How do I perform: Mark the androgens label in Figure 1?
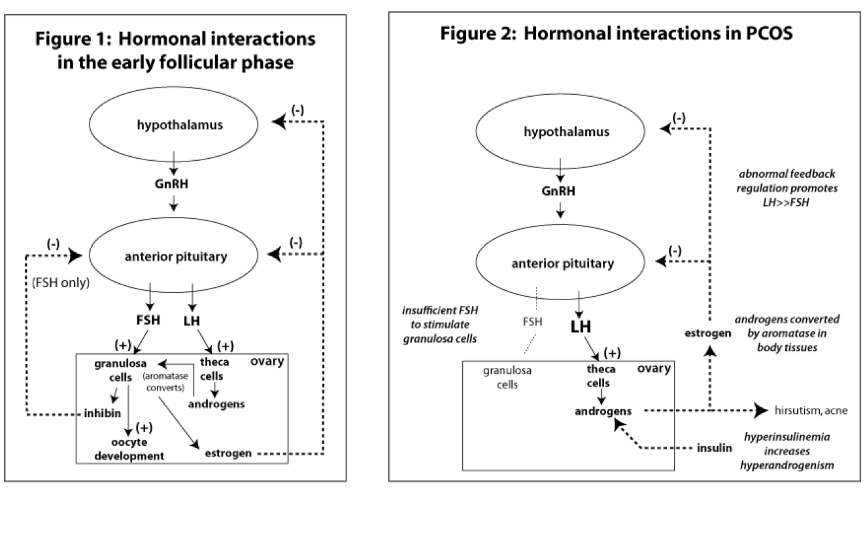[x=216, y=403]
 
